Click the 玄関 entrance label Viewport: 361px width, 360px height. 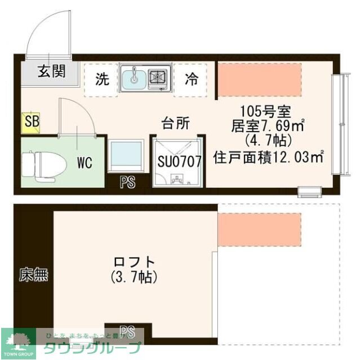[x=51, y=71]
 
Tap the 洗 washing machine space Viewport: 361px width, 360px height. [x=102, y=79]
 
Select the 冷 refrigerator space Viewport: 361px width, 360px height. [x=192, y=79]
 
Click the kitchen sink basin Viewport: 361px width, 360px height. [x=134, y=78]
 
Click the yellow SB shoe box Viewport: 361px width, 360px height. [x=30, y=122]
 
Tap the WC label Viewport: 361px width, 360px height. [x=84, y=164]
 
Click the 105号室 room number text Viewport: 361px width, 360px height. [x=264, y=110]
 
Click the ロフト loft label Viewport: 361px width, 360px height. [x=135, y=262]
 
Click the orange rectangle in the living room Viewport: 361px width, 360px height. [x=260, y=79]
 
